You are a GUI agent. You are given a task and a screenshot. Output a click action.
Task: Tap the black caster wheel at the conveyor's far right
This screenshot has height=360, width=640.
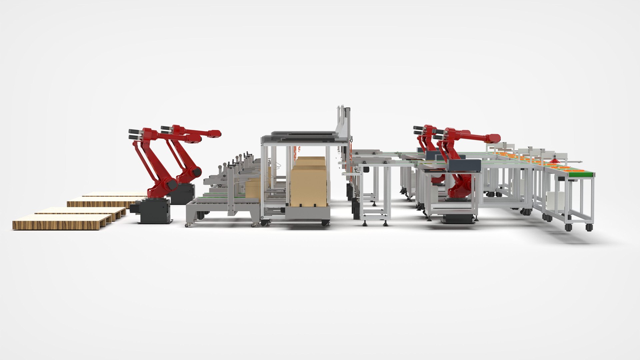589,227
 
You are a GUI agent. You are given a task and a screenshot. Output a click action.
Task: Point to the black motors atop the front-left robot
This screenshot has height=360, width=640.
135,133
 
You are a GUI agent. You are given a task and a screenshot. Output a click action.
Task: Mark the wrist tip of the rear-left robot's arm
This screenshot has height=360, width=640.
215,133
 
